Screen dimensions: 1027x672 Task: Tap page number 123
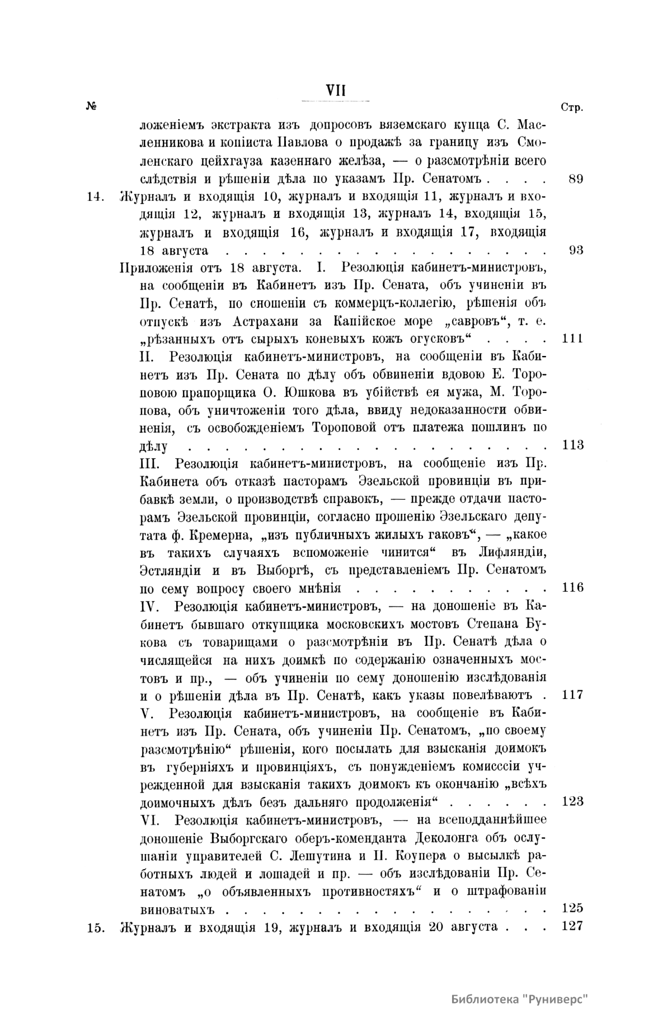[572, 801]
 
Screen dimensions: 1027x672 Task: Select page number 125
[572, 908]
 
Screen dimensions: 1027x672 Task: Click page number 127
[572, 926]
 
